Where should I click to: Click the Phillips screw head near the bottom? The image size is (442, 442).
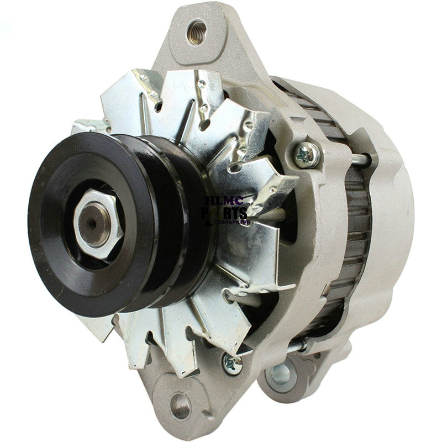point(232,362)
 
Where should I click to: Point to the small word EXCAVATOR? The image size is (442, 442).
point(236,222)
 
